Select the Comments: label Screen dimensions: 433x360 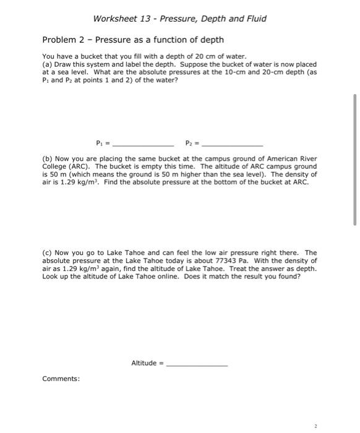coord(61,379)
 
